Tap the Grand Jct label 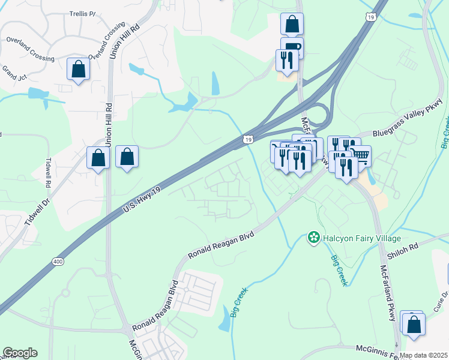13,73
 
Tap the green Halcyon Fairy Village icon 313,238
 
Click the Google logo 20,353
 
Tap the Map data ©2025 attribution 424,355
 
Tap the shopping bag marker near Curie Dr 414,324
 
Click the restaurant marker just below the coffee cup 285,60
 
